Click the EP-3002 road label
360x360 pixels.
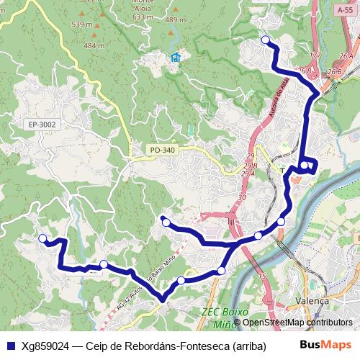(x=43, y=125)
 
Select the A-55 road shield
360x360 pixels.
(x=344, y=10)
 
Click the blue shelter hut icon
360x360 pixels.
(x=175, y=58)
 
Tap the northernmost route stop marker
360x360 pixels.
(x=266, y=40)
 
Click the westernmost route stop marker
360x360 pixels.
(x=42, y=238)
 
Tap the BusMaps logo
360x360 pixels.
(x=324, y=346)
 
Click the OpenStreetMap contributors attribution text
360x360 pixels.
(x=297, y=323)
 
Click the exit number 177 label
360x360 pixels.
(x=314, y=55)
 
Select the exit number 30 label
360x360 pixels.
(x=242, y=197)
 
